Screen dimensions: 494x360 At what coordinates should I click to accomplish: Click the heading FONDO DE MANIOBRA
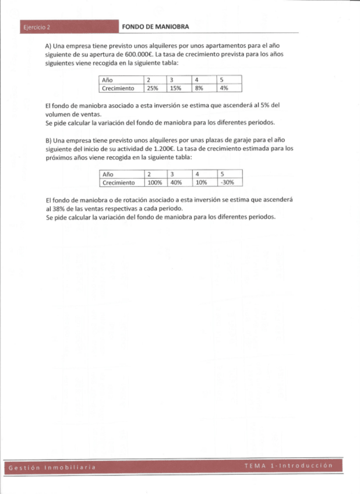tap(156, 27)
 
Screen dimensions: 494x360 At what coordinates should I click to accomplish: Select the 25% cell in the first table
tap(153, 89)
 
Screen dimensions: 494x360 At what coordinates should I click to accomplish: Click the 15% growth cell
tap(175, 89)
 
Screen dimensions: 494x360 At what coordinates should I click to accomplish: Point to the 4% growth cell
tap(223, 89)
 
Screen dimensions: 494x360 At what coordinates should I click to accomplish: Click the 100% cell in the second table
tap(154, 182)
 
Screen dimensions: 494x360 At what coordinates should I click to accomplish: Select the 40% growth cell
tap(176, 182)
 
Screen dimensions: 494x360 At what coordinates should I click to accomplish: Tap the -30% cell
tap(226, 182)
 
